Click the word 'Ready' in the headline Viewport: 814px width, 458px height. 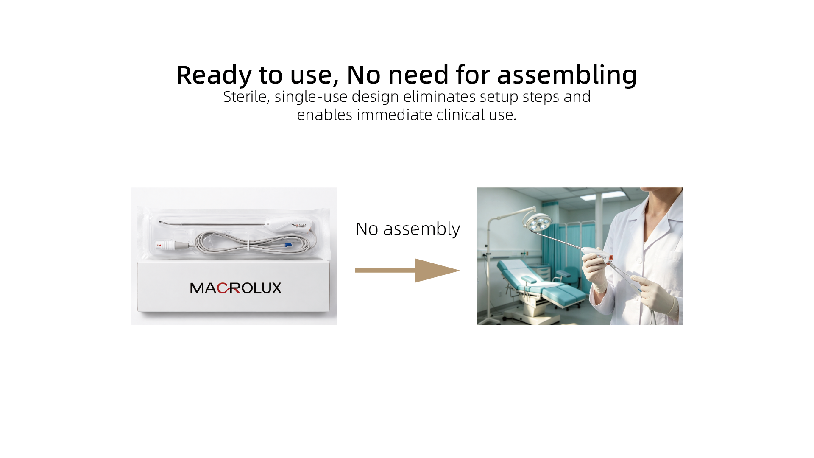214,75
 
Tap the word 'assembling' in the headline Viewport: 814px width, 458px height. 567,75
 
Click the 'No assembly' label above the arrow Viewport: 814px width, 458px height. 407,229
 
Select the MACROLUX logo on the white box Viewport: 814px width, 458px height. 236,288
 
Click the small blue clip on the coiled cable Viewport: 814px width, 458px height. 288,245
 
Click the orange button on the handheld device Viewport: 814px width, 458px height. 610,258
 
